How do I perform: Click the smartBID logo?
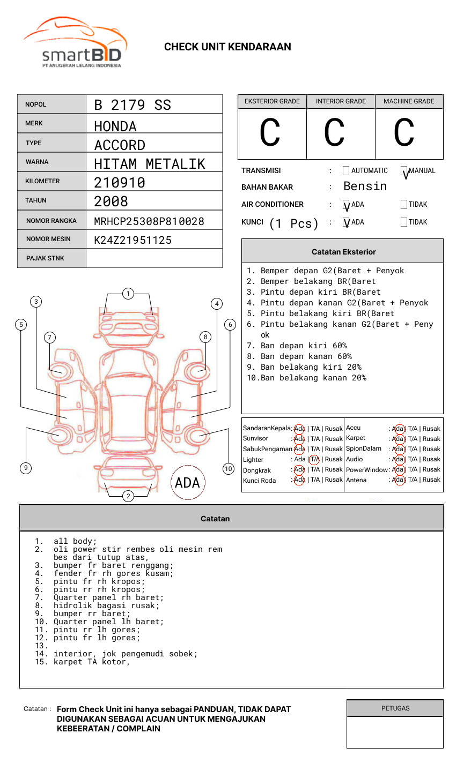pyautogui.click(x=75, y=43)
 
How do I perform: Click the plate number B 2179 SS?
pyautogui.click(x=132, y=105)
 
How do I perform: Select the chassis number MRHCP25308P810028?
pyautogui.click(x=149, y=221)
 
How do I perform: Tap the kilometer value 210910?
pyautogui.click(x=119, y=183)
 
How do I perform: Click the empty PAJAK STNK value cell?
pyautogui.click(x=154, y=258)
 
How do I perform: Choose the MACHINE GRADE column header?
pyautogui.click(x=409, y=101)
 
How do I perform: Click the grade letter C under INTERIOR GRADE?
pyautogui.click(x=334, y=133)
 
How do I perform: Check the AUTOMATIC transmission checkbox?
pyautogui.click(x=346, y=171)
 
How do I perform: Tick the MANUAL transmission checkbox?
pyautogui.click(x=404, y=171)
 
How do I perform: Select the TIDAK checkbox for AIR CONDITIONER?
pyautogui.click(x=404, y=205)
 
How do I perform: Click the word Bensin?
pyautogui.click(x=365, y=186)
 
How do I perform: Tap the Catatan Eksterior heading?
pyautogui.click(x=343, y=252)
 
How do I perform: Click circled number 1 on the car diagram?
pyautogui.click(x=128, y=293)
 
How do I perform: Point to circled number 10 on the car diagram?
pyautogui.click(x=229, y=469)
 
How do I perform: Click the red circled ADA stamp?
pyautogui.click(x=187, y=482)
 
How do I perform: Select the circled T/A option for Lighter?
pyautogui.click(x=315, y=459)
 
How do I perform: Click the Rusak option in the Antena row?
pyautogui.click(x=431, y=480)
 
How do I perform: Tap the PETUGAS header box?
pyautogui.click(x=395, y=708)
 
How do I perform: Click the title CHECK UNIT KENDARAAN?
pyautogui.click(x=227, y=47)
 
